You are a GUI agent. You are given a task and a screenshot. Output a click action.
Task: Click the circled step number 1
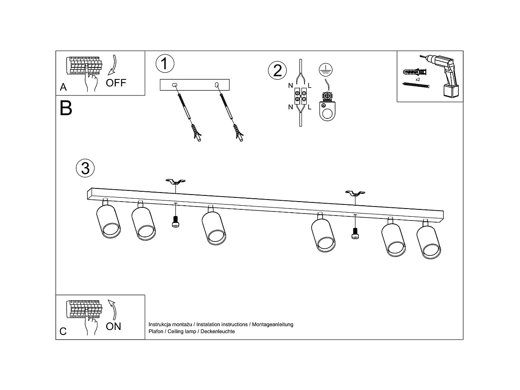click(165, 64)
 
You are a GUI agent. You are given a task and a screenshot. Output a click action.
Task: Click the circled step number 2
click(277, 70)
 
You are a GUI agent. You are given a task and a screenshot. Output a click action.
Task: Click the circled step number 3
click(85, 168)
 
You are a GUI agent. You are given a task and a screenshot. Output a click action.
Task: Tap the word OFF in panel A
click(116, 83)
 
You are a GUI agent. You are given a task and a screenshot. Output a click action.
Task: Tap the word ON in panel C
click(113, 326)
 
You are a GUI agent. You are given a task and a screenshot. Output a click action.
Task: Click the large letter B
click(66, 108)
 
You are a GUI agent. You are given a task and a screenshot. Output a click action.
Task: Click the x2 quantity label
click(418, 79)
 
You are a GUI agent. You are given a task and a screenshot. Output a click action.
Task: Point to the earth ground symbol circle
click(326, 70)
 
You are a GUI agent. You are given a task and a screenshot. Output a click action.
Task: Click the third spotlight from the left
click(214, 228)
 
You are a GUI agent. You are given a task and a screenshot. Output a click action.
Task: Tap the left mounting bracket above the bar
click(176, 181)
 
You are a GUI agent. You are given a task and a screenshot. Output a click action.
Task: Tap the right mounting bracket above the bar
click(355, 193)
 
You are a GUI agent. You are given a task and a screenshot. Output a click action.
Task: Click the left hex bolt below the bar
click(176, 222)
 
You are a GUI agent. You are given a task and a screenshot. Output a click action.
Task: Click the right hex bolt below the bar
click(355, 234)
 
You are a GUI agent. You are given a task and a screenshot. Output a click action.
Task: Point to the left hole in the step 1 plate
click(175, 85)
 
